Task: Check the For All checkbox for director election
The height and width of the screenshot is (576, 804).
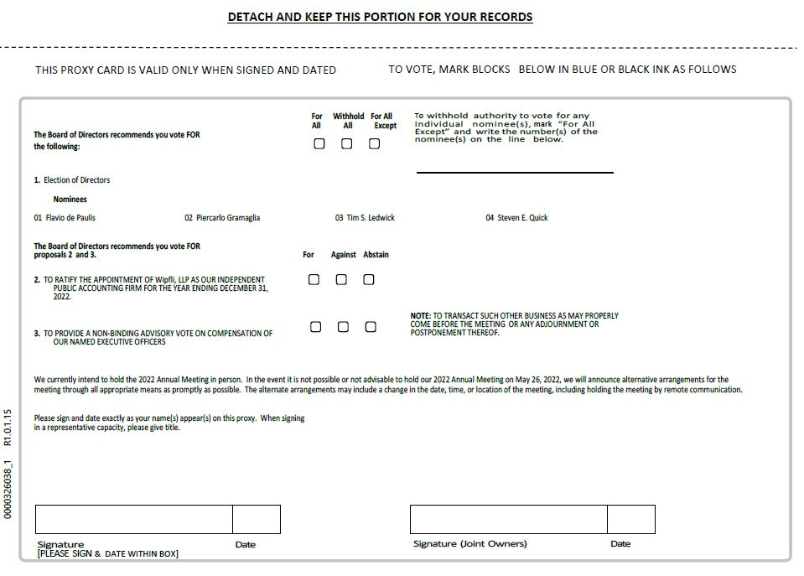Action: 319,143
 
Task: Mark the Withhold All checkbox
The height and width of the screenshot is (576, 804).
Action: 347,143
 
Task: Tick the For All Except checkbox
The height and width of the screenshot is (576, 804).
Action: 375,143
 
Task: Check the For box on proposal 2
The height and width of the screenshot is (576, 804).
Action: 314,279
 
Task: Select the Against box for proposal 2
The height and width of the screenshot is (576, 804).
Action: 341,279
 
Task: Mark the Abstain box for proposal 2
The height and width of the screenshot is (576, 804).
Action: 369,279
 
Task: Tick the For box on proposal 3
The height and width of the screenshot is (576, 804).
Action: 316,327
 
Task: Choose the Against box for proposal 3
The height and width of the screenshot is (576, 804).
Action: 343,327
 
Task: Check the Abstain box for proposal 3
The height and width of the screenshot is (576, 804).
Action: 371,327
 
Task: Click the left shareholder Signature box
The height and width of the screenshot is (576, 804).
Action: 134,520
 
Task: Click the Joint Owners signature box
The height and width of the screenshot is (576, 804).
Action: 508,520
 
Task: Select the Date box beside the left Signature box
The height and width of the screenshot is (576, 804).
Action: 257,520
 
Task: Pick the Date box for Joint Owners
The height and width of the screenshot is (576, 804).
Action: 630,520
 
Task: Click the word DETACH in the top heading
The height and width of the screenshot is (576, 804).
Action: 251,17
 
